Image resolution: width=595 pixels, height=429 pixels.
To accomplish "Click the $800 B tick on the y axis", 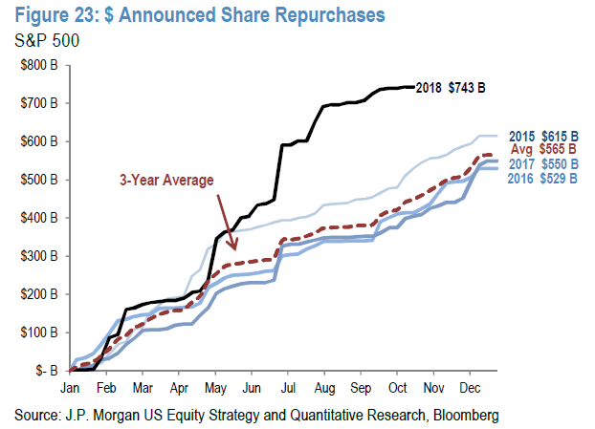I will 42,64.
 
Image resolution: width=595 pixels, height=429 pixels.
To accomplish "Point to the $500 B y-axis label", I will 42,179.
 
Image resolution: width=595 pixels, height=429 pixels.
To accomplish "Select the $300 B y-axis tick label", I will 42,255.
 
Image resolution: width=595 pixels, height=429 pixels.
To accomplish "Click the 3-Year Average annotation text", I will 166,178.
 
